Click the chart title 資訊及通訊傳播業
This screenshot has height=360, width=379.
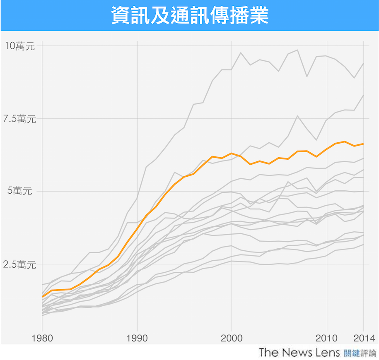coord(190,16)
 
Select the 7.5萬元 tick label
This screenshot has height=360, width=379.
coord(19,119)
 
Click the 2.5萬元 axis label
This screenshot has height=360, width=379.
coord(19,264)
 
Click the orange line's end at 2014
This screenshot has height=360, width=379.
coord(364,144)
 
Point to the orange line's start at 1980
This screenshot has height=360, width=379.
coord(43,296)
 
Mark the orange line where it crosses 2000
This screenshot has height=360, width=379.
coord(232,153)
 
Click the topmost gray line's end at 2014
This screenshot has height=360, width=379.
coord(364,63)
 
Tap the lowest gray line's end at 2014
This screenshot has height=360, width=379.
coord(364,245)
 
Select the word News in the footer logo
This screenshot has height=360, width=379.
coord(295,353)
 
